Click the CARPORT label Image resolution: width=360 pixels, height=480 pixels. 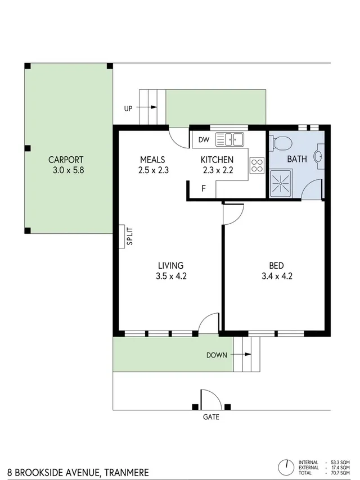66,159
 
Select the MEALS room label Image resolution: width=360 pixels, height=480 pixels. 152,159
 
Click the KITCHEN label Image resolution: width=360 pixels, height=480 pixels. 217,159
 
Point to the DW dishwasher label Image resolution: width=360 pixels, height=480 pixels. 204,139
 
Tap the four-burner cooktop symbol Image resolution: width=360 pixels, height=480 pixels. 257,165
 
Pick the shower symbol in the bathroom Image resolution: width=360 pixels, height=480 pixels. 280,183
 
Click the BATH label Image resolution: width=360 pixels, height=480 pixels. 297,159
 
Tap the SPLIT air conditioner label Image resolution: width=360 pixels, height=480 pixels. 129,237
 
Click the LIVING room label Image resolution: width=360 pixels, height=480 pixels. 170,266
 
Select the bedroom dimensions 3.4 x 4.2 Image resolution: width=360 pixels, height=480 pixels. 276,276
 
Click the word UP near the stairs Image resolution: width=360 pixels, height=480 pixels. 128,108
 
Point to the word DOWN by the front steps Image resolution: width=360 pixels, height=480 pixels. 217,355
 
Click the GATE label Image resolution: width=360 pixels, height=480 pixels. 211,418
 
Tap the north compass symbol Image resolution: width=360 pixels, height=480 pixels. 287,466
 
